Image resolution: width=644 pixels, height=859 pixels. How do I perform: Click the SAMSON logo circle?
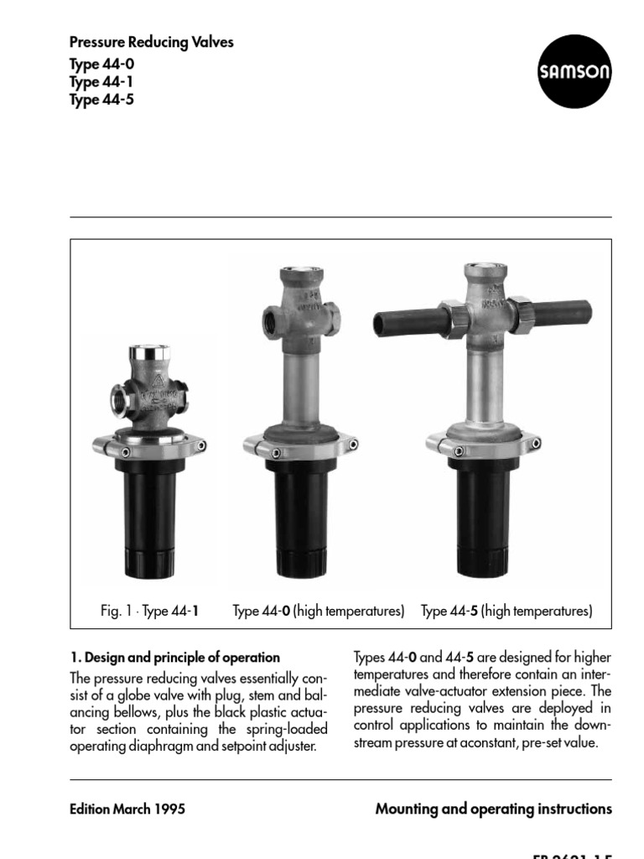(574, 71)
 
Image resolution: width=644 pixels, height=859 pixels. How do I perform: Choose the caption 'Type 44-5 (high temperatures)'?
(506, 611)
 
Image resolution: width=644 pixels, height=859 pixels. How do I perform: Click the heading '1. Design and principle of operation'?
(174, 658)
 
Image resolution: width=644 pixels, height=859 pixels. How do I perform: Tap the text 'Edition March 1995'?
(127, 810)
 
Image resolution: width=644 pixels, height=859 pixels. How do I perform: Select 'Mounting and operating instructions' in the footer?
(493, 810)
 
